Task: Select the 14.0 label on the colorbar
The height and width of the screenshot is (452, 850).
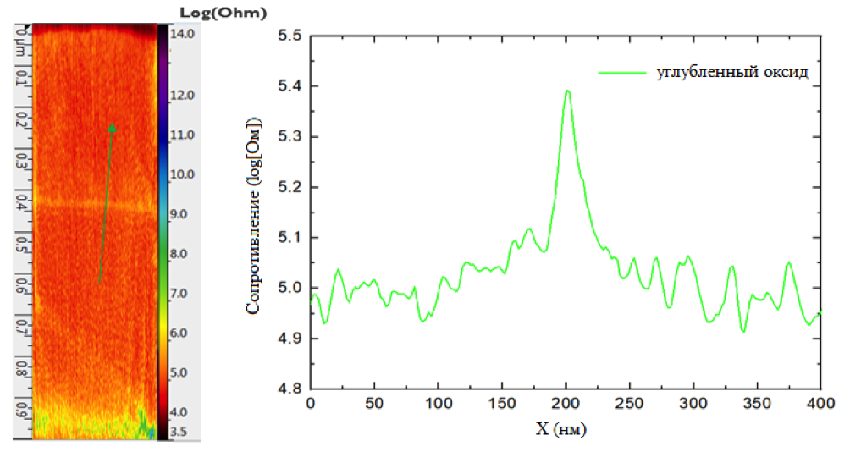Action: (184, 34)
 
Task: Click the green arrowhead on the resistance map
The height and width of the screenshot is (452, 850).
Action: (112, 128)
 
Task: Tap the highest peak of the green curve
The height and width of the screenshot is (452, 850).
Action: (567, 91)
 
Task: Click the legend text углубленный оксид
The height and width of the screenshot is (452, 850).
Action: (732, 72)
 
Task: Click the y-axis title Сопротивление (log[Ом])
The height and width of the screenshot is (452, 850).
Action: (253, 218)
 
